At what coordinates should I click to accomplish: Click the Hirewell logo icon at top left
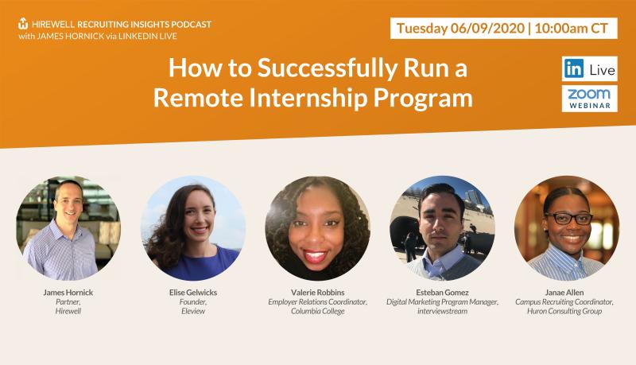pos(23,24)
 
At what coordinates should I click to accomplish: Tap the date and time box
pos(503,29)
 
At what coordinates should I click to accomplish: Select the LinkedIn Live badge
pos(589,69)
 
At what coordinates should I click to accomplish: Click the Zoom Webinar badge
pos(589,99)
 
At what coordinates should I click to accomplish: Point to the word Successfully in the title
pos(328,68)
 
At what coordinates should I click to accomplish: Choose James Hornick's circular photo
pos(68,228)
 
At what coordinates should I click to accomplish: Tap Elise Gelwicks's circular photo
pos(193,228)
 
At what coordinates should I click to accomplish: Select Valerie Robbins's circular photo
pos(317,228)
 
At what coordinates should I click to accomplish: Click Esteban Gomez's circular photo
pos(442,228)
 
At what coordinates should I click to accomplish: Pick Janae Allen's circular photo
pos(567,228)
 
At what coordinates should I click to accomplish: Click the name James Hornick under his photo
pos(68,293)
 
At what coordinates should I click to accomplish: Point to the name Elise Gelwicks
pos(193,293)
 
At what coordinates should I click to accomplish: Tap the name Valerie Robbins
pos(317,293)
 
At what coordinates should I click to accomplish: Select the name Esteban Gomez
pos(442,293)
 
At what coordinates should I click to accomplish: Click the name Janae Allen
pos(564,293)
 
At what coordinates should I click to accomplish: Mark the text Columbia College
pos(317,312)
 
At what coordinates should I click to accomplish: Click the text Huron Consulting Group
pos(564,312)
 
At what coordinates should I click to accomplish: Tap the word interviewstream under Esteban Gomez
pos(442,312)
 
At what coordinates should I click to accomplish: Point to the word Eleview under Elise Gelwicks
pos(193,312)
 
